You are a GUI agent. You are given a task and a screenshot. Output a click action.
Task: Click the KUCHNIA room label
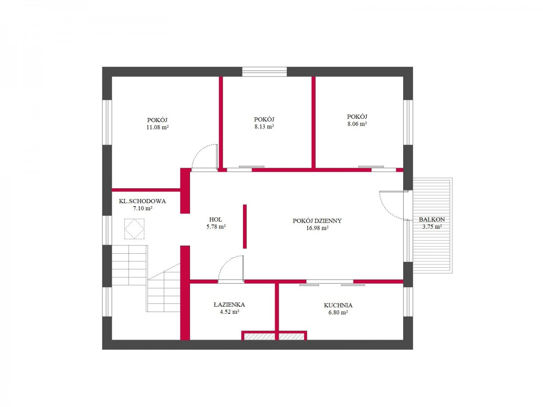[x=338, y=305]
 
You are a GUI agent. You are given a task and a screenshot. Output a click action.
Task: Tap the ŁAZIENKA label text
[x=229, y=304]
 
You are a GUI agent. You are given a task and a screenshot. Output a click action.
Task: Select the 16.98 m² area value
[x=317, y=228]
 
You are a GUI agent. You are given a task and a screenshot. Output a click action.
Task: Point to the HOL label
[x=215, y=219]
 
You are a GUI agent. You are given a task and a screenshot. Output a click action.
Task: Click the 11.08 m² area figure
[x=157, y=127]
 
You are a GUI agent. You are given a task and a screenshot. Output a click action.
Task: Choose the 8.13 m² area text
[x=264, y=127]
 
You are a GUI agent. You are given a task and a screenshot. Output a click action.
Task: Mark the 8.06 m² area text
[x=357, y=124]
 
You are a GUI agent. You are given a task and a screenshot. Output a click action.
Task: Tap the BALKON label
[x=432, y=219]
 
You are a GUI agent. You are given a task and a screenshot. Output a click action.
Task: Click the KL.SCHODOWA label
[x=142, y=201]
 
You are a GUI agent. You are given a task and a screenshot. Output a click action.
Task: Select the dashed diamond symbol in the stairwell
[x=134, y=228]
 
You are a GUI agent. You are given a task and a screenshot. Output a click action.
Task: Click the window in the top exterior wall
[x=264, y=71]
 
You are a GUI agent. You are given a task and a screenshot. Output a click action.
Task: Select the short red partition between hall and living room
[x=245, y=227]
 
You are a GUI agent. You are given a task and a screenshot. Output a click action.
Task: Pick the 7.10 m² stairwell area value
[x=143, y=208]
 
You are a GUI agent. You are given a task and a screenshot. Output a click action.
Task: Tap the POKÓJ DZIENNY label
[x=317, y=221]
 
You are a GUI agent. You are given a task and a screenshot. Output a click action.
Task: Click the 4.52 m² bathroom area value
[x=229, y=312]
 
